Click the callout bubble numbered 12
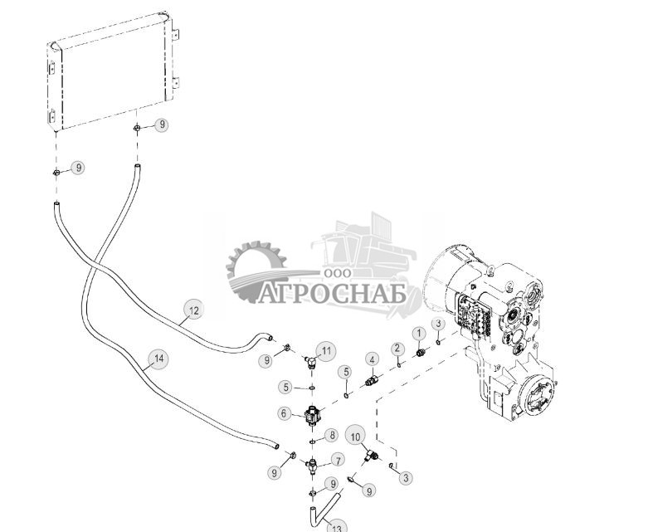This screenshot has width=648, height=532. (192, 311)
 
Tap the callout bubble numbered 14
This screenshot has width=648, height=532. (158, 359)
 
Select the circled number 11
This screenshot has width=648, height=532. (327, 350)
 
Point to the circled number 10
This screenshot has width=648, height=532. (355, 436)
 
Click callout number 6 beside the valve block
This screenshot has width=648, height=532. (285, 413)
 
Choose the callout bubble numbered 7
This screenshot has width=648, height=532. (338, 459)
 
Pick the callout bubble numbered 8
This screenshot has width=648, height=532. (332, 435)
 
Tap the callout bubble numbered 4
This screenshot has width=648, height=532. (373, 359)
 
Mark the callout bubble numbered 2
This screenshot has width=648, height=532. (397, 348)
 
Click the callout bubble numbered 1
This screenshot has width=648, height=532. (419, 333)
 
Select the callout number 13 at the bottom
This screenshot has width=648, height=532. (337, 526)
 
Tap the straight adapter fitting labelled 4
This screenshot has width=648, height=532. (373, 383)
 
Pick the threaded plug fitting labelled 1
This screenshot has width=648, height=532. (420, 353)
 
